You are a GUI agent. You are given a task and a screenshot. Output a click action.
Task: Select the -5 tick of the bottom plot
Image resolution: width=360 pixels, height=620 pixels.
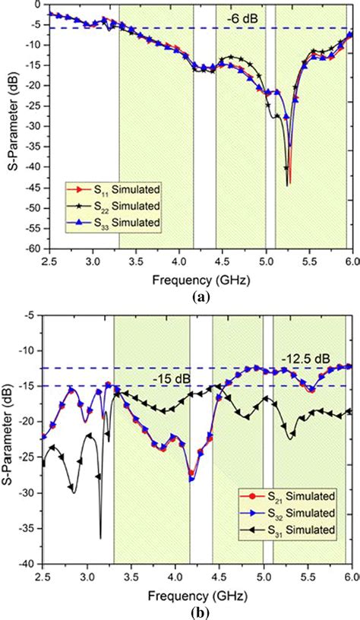33,315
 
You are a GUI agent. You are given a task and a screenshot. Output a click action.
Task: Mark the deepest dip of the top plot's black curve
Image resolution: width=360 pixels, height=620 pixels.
287,185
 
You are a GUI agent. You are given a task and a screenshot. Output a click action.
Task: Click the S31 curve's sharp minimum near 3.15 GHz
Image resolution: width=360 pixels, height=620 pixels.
100,537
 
